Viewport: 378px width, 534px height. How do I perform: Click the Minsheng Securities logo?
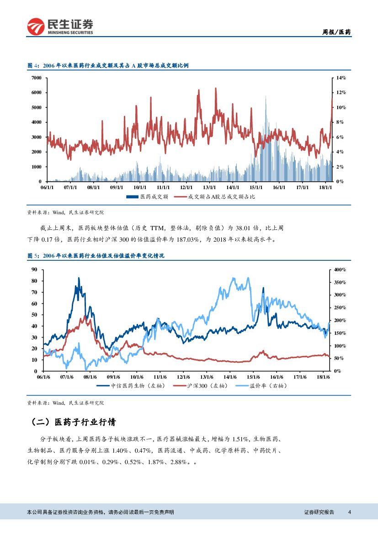(x=60, y=26)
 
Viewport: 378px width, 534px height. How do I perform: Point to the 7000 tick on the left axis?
(x=36, y=78)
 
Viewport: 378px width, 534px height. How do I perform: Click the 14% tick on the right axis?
(x=341, y=78)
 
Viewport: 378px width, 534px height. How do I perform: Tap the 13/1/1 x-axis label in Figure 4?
(x=209, y=187)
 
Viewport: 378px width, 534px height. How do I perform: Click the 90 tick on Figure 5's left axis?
(x=34, y=270)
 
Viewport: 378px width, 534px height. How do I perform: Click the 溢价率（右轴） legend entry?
(x=259, y=386)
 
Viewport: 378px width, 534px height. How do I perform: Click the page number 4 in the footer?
(x=349, y=512)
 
